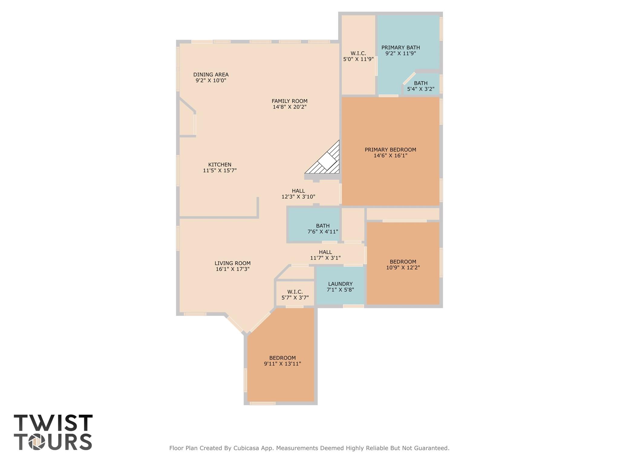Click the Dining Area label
[x=211, y=75]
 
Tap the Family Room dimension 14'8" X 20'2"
[x=289, y=107]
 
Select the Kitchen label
[x=220, y=165]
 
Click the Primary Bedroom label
[x=390, y=150]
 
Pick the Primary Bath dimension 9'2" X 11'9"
[x=400, y=54]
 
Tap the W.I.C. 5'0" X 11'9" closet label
[x=358, y=56]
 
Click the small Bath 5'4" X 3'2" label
[x=421, y=86]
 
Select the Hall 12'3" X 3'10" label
[x=298, y=194]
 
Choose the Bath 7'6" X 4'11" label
[x=323, y=229]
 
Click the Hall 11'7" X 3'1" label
[x=325, y=255]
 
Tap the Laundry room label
[x=340, y=284]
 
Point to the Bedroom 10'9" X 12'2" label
[x=403, y=264]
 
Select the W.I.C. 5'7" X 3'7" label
[x=295, y=294]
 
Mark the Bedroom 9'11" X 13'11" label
[x=282, y=361]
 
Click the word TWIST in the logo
[x=53, y=423]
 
